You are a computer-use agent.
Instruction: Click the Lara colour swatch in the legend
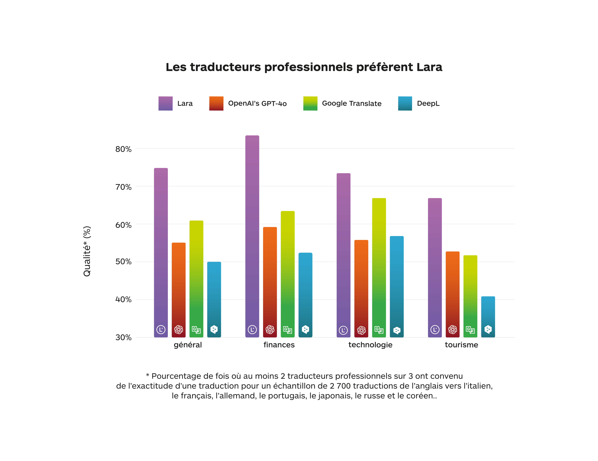click(x=165, y=103)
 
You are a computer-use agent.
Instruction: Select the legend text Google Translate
click(x=352, y=103)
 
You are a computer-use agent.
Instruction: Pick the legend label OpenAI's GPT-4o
click(x=257, y=103)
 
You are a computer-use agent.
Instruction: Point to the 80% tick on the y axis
click(x=123, y=149)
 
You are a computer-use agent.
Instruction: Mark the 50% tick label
click(x=123, y=262)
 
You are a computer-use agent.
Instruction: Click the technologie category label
click(x=370, y=345)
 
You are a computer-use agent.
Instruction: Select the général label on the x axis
click(x=188, y=345)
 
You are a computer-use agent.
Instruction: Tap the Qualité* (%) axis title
click(x=87, y=251)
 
